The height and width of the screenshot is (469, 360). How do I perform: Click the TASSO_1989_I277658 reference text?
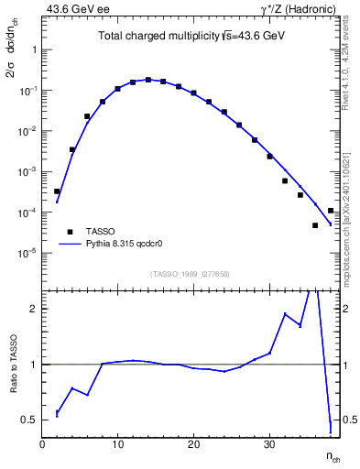pyautogui.click(x=189, y=274)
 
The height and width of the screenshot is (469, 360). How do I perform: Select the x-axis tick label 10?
pyautogui.click(x=117, y=444)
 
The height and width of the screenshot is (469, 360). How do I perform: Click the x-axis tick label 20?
pyautogui.click(x=193, y=444)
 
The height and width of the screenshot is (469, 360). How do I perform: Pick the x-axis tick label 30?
pyautogui.click(x=269, y=444)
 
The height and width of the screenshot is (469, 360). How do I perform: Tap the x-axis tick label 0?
pyautogui.click(x=42, y=444)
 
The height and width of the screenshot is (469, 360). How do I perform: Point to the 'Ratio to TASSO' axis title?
pyautogui.click(x=13, y=365)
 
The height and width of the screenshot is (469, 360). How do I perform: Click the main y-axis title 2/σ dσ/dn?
pyautogui.click(x=14, y=56)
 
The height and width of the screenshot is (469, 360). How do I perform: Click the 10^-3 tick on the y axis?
pyautogui.click(x=27, y=171)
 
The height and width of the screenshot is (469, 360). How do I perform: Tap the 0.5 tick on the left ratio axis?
pyautogui.click(x=29, y=420)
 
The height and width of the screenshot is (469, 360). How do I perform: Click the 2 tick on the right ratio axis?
pyautogui.click(x=348, y=309)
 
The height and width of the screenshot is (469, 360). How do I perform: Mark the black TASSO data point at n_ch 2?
pyautogui.click(x=57, y=191)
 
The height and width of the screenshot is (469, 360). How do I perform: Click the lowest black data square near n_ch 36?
pyautogui.click(x=315, y=225)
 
